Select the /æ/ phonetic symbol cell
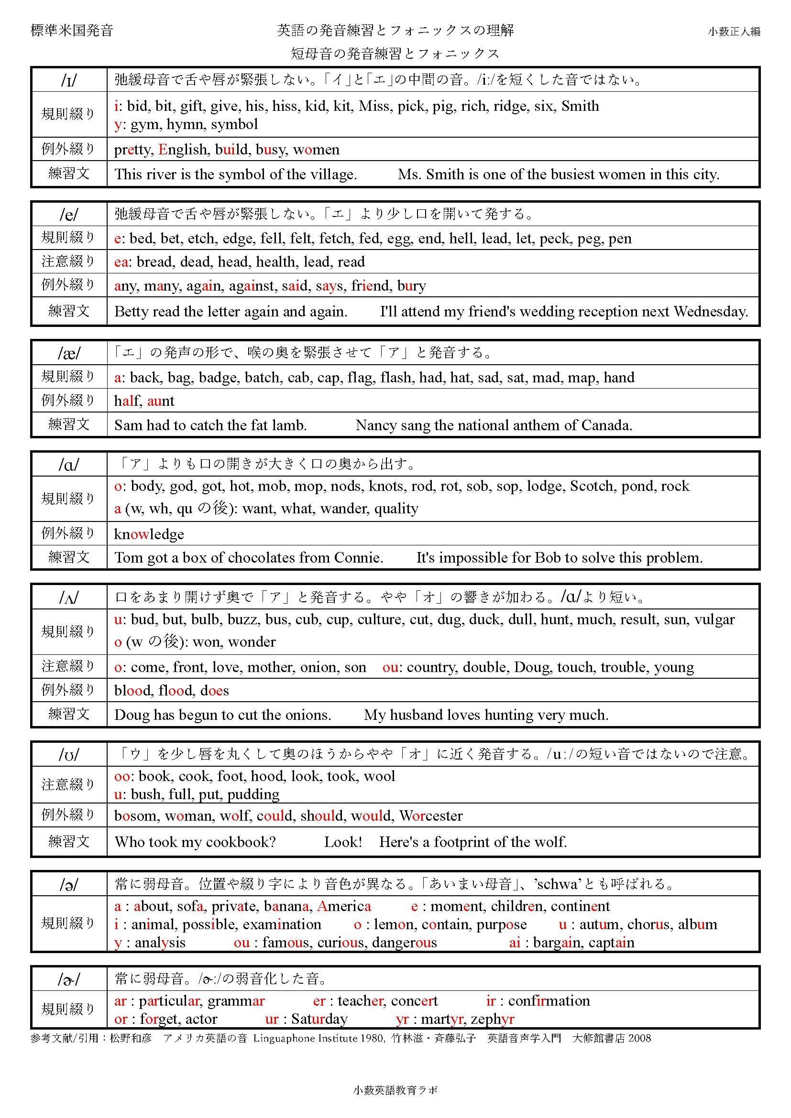(69, 353)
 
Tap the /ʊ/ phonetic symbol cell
(69, 755)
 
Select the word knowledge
(149, 534)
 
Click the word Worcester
(430, 815)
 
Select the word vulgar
(714, 619)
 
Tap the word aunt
(160, 401)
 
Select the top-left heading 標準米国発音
(72, 31)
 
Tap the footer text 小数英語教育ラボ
(395, 1090)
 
